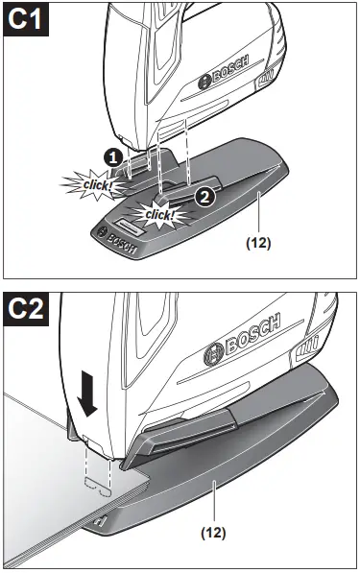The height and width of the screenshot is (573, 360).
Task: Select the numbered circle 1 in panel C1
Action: pos(114,155)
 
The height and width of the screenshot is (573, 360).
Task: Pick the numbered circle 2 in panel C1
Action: pos(204,196)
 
